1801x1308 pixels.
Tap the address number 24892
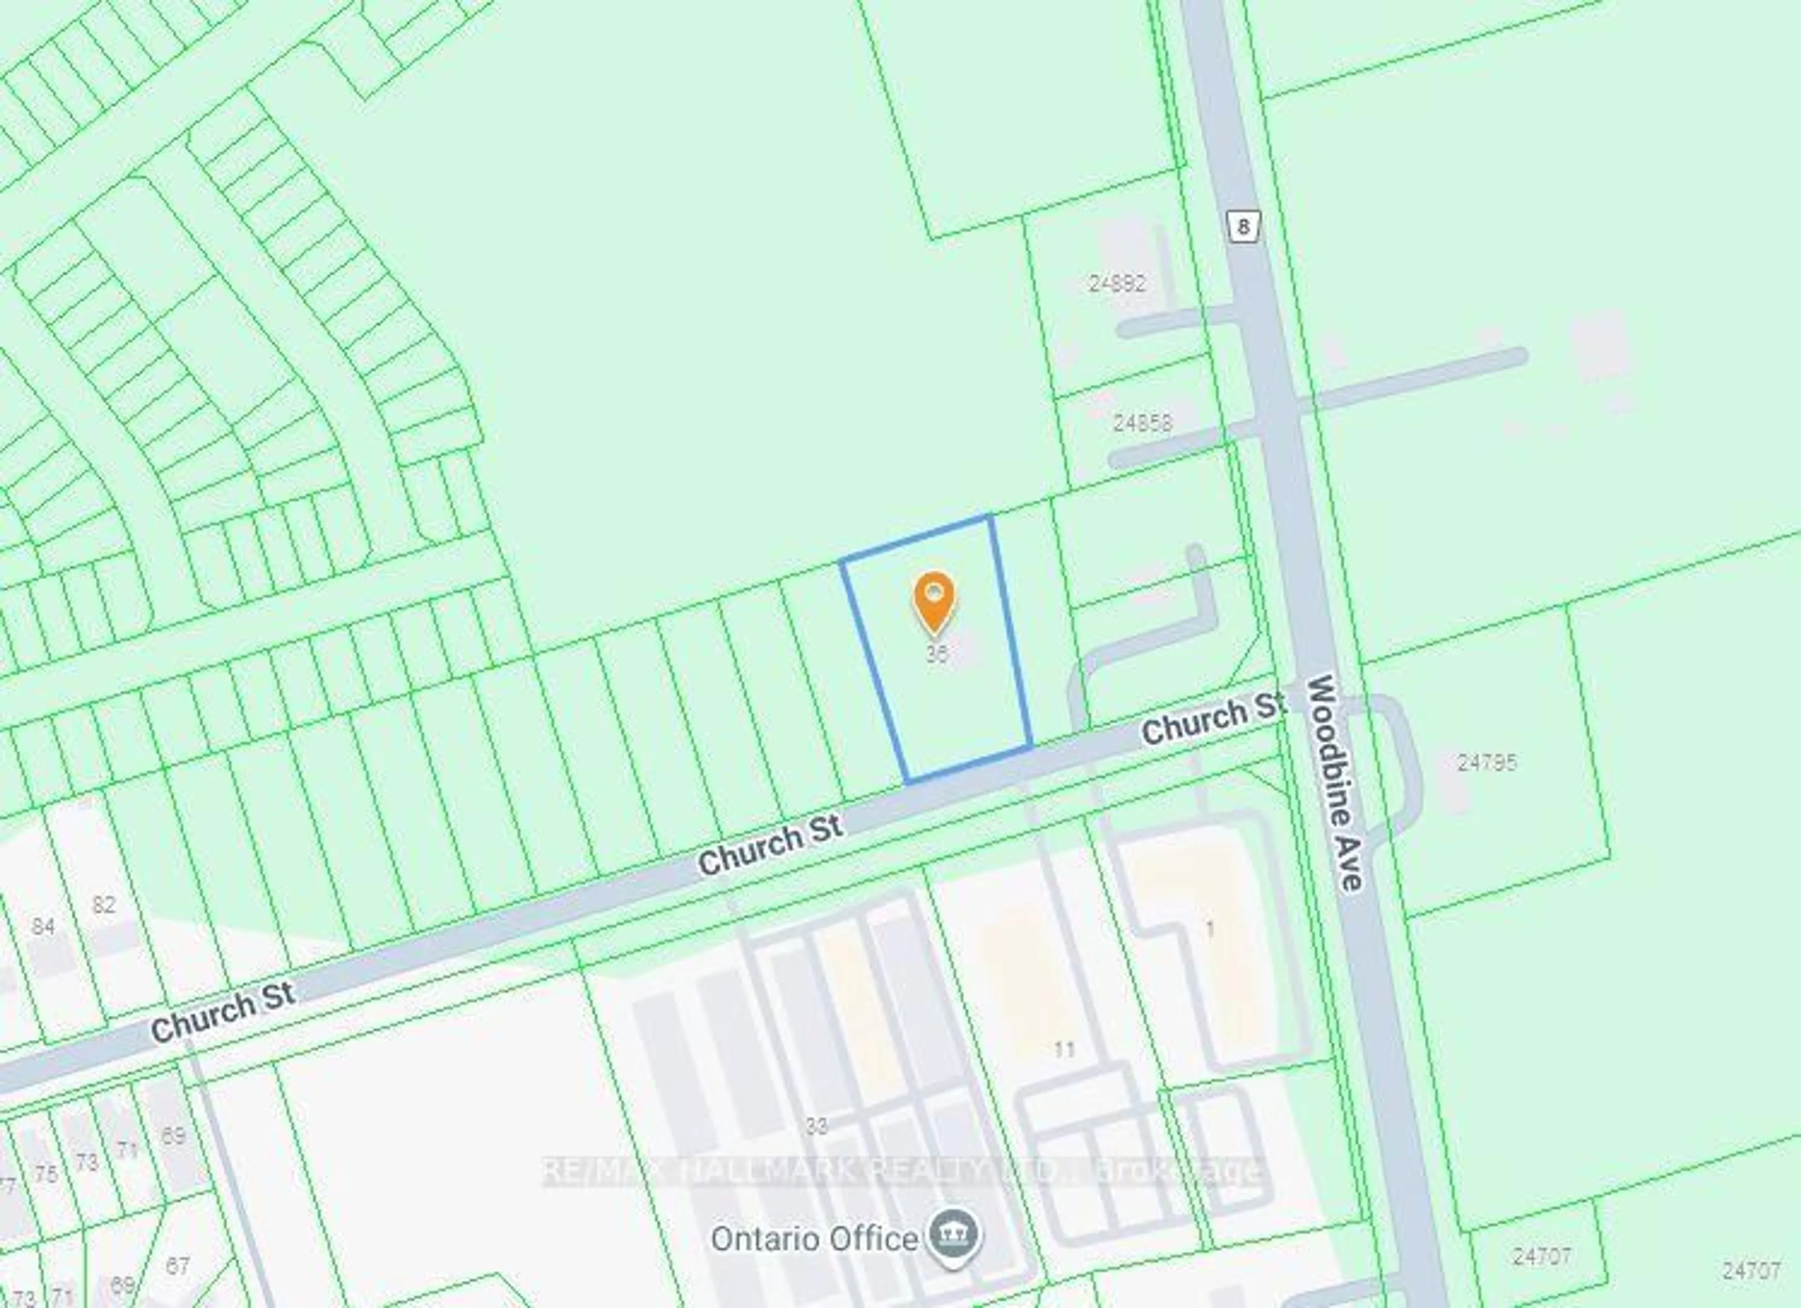coord(1117,283)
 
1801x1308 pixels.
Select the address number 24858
coord(1142,423)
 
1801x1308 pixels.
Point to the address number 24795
coord(1487,762)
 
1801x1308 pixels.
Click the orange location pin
coord(935,601)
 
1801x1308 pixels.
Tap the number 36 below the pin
coord(937,654)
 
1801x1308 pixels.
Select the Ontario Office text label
coord(814,1239)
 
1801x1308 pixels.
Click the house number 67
coord(177,1265)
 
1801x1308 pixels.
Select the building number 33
coord(817,1126)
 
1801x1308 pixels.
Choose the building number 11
coord(1064,1050)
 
